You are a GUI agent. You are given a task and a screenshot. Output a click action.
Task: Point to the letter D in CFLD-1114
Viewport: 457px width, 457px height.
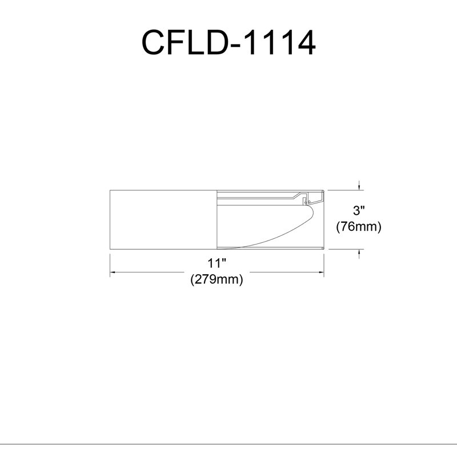click(218, 42)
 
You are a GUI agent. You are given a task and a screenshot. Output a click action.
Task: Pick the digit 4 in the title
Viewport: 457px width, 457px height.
click(306, 42)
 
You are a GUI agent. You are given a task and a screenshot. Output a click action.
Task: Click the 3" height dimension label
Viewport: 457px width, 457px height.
click(359, 210)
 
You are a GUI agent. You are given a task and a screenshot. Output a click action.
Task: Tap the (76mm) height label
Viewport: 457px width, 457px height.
click(359, 226)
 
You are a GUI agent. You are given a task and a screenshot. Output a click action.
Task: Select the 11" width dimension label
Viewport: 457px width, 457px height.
click(217, 263)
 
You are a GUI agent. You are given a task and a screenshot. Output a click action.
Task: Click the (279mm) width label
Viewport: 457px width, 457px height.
click(217, 279)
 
